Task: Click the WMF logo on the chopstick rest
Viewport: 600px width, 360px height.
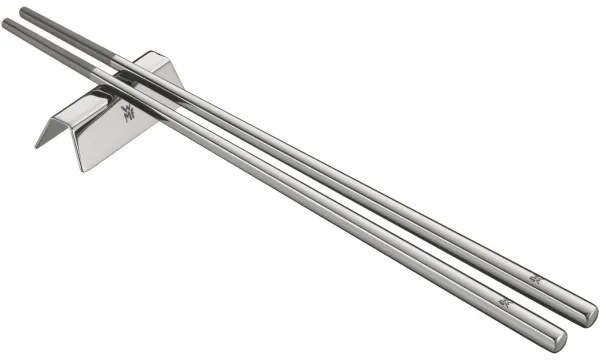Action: pyautogui.click(x=128, y=111)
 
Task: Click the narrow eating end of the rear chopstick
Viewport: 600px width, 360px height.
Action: pyautogui.click(x=24, y=11)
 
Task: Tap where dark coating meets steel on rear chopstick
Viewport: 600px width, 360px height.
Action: pyautogui.click(x=112, y=57)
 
